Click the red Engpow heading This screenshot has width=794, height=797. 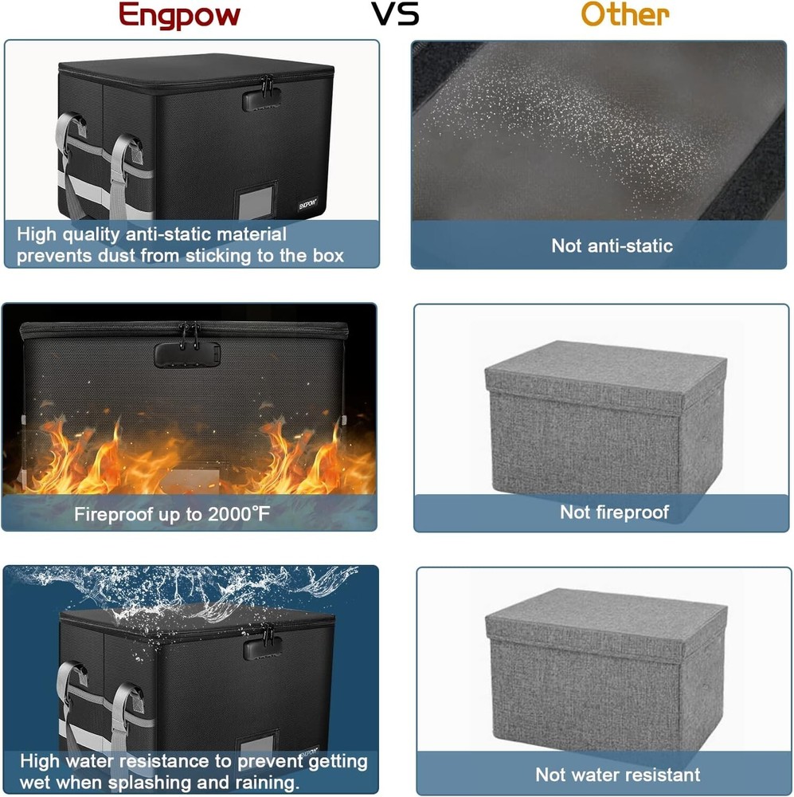coord(178,15)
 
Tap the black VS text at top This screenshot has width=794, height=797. coord(396,14)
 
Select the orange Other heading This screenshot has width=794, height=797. coord(624,15)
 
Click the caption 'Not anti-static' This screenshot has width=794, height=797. coord(612,245)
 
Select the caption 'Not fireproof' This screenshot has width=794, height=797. coord(614,512)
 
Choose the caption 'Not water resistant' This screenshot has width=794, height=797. coord(617,774)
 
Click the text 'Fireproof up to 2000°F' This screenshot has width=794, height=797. coord(172,514)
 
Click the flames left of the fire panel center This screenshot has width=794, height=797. coord(80,458)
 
